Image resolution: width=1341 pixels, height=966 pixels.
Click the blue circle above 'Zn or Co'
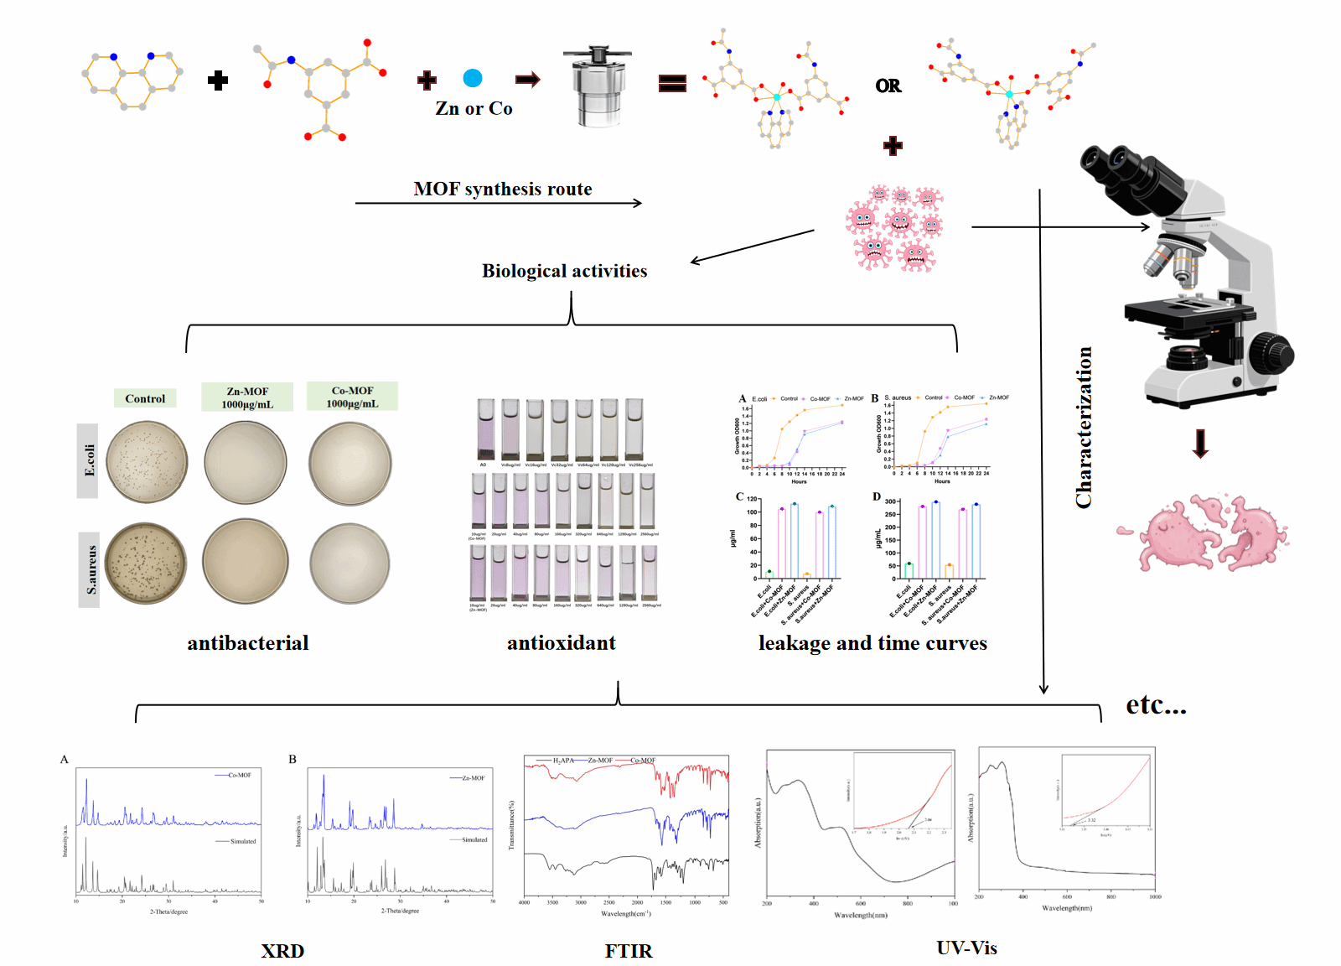(473, 78)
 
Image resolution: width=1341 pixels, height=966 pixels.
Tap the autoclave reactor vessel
(598, 88)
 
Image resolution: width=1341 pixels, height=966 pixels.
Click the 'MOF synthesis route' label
(502, 190)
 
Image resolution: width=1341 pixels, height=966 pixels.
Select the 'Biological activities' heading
(564, 271)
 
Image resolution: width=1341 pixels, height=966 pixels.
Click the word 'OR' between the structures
(888, 86)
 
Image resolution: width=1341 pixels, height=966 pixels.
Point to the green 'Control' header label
(145, 398)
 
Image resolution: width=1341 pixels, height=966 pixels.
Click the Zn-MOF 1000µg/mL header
(247, 397)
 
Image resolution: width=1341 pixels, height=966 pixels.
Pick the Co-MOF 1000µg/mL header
(352, 397)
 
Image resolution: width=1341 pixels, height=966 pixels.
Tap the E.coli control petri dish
(148, 462)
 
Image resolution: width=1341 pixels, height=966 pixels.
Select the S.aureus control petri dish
(147, 563)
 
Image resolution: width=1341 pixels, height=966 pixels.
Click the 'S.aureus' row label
(90, 570)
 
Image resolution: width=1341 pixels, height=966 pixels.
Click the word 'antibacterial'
(248, 643)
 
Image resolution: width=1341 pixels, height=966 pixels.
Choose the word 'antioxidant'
(561, 643)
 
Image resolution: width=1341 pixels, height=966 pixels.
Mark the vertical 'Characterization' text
(1084, 428)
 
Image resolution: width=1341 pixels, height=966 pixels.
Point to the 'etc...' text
(1156, 705)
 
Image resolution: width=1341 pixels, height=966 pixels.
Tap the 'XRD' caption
(282, 951)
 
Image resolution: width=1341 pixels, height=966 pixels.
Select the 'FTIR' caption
(629, 951)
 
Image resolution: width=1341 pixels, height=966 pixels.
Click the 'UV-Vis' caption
(966, 948)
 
